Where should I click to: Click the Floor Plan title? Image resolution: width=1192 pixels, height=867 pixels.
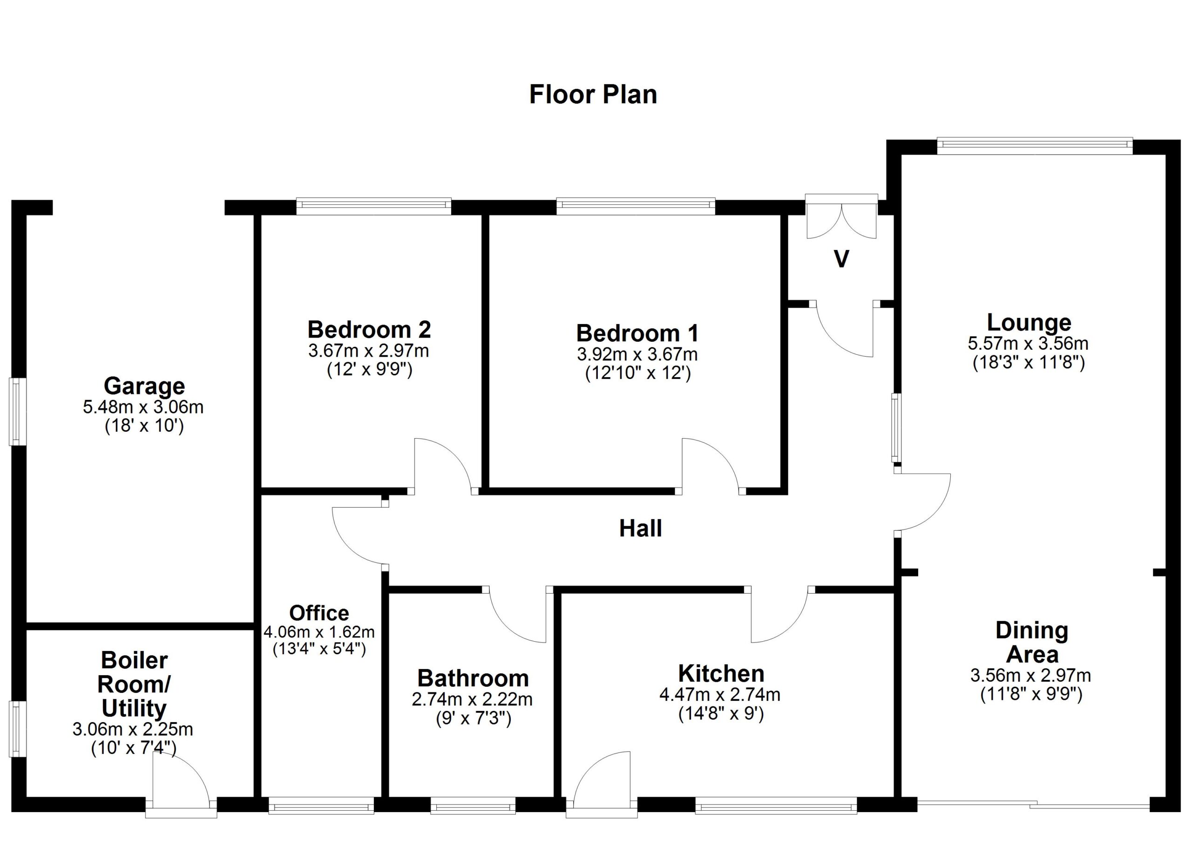coord(593,95)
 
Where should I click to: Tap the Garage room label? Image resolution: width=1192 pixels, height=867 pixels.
coord(144,386)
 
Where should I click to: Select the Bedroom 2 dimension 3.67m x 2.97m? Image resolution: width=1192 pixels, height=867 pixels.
coord(368,351)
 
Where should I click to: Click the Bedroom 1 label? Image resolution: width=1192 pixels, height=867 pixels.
coord(637,333)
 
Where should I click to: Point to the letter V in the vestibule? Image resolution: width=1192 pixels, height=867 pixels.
coord(841,259)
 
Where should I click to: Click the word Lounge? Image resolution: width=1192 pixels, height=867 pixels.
coord(1029,323)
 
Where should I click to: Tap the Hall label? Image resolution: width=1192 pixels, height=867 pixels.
coord(640,528)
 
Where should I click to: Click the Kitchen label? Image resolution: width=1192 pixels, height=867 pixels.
coord(721,674)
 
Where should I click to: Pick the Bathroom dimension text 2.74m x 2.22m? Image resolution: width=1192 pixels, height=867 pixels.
coord(472,700)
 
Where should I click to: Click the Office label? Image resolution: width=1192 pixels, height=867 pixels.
coord(319,613)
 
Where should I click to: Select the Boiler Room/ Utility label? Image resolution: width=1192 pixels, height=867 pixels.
coord(134,684)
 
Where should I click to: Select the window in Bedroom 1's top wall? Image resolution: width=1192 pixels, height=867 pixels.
coord(636,206)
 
